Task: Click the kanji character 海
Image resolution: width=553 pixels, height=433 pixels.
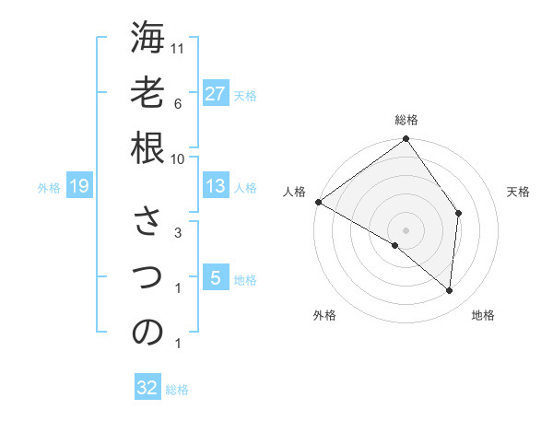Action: tap(147, 40)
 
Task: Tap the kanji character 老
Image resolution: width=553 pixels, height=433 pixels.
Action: tap(147, 93)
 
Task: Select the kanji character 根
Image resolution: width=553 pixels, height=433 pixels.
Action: tap(147, 146)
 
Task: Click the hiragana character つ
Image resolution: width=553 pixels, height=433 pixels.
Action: tap(147, 276)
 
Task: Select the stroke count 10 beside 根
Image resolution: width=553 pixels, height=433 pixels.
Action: tap(179, 158)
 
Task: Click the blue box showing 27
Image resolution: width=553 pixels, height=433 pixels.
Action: tap(215, 94)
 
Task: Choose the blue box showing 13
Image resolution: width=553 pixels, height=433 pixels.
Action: tap(215, 186)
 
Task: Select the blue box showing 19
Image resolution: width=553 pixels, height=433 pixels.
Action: tap(78, 187)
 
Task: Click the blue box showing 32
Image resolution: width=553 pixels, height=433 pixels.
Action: tap(147, 388)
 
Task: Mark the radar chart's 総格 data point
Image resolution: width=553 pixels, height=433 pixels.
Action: tap(406, 140)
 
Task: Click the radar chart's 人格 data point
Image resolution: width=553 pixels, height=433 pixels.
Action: tap(318, 202)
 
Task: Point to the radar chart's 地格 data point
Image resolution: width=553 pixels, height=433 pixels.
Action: tap(450, 291)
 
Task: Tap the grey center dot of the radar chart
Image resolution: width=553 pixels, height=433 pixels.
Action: tap(406, 229)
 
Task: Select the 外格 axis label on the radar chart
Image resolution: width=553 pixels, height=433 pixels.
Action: tap(324, 316)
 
